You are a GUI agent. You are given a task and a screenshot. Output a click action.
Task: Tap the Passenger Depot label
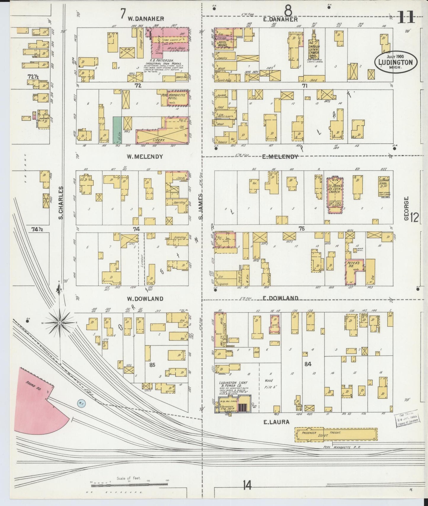click(x=309, y=433)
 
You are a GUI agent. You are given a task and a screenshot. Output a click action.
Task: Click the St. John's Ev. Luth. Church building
click(x=335, y=195)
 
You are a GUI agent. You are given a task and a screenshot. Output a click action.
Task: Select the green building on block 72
click(x=117, y=130)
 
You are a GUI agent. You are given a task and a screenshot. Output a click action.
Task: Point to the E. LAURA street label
click(x=276, y=422)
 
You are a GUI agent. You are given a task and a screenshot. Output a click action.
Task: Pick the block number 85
click(x=152, y=365)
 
